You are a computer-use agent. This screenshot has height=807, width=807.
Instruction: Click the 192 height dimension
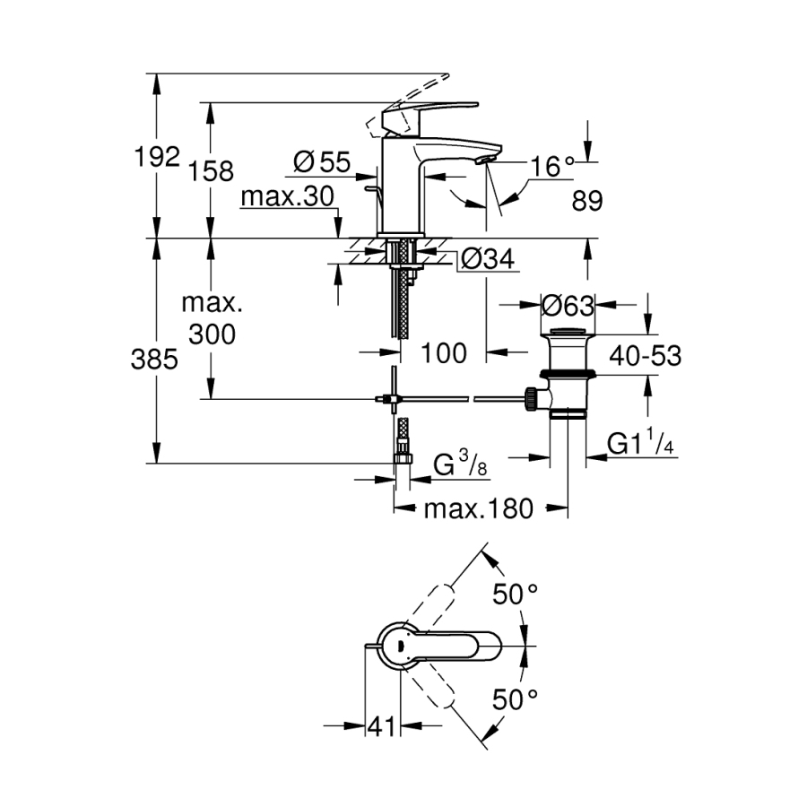[158, 158]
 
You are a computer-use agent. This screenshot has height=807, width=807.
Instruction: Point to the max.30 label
[287, 196]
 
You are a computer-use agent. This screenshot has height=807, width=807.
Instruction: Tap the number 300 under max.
[213, 334]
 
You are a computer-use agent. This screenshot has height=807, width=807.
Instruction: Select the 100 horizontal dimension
[442, 353]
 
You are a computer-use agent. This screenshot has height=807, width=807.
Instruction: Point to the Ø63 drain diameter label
[568, 306]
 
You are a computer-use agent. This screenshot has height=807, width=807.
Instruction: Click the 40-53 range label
[646, 356]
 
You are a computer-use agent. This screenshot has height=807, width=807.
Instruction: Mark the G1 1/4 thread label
[641, 444]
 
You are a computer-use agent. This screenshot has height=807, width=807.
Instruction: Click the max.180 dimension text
[478, 509]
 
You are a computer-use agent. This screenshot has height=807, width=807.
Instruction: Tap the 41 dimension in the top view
[382, 727]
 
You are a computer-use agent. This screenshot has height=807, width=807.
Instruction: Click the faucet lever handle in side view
[420, 114]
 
